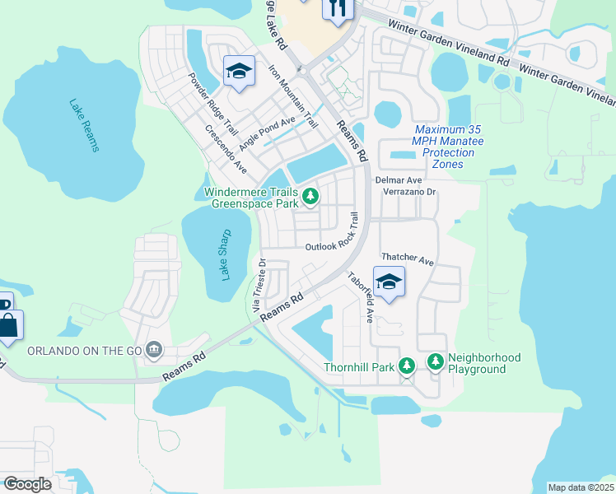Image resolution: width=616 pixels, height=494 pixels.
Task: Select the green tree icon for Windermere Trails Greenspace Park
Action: coord(310,196)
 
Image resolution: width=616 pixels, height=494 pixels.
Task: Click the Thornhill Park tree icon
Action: coord(406,365)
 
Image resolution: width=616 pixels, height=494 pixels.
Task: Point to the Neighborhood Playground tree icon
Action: coord(435,361)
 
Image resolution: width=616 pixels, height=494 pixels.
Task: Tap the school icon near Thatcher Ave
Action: coord(389,282)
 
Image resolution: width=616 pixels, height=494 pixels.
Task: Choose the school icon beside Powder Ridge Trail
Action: coord(239,72)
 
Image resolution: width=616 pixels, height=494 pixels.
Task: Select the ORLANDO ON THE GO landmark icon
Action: coord(154,351)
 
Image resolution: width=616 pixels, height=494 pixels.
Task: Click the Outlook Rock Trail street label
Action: coord(334,235)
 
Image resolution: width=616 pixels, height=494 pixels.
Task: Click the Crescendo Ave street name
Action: coord(226,148)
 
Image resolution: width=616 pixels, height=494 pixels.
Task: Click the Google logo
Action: coord(27,484)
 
